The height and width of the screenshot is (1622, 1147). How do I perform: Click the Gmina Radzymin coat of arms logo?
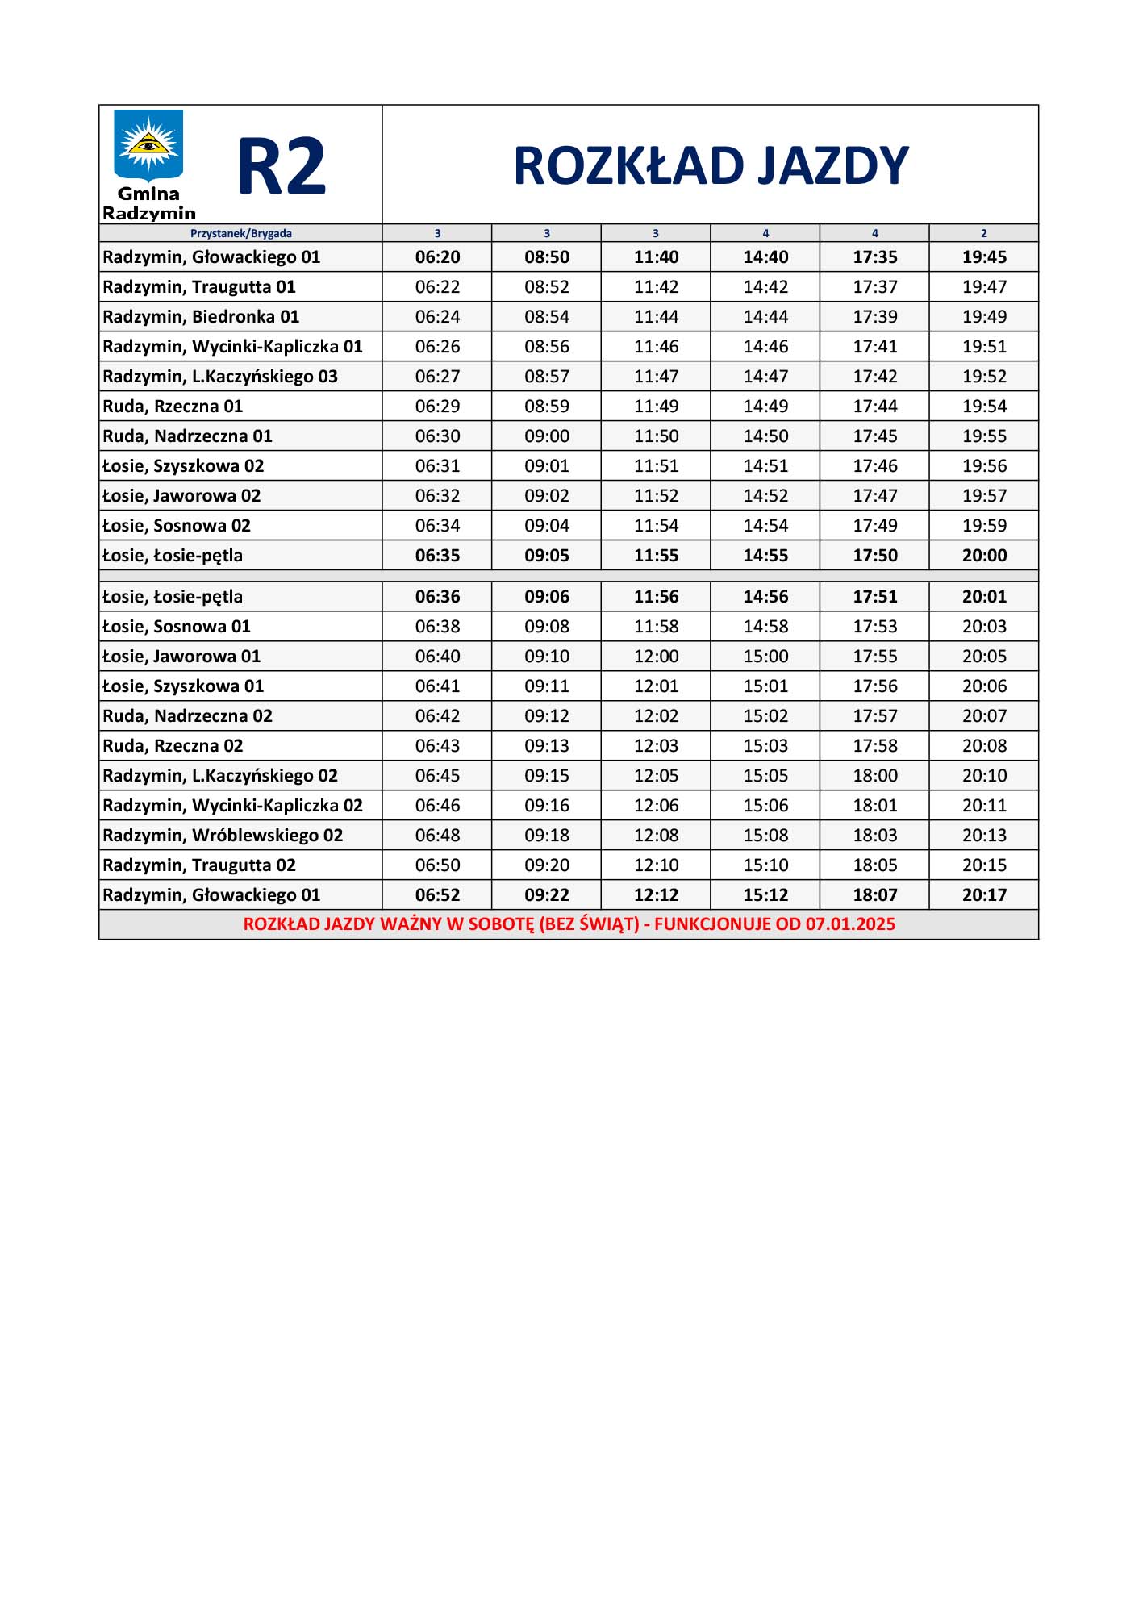(148, 146)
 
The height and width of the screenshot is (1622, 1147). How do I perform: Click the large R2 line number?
(282, 167)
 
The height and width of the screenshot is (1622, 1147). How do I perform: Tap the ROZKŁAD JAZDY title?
(711, 166)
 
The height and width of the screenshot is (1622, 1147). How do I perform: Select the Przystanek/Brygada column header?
(240, 233)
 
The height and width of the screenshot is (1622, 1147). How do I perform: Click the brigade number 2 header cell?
(983, 233)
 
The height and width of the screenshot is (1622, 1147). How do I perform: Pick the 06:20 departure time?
(437, 257)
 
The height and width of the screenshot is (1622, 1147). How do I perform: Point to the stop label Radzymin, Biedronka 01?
(201, 317)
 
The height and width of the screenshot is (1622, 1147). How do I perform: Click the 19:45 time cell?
(984, 257)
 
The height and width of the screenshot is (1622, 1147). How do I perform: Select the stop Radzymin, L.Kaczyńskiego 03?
(220, 377)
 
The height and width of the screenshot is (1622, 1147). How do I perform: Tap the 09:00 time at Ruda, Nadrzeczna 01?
(547, 436)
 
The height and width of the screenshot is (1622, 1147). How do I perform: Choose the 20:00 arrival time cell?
(984, 556)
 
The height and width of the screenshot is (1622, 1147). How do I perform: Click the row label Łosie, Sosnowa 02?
(177, 526)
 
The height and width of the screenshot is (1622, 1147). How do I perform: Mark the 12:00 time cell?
(656, 657)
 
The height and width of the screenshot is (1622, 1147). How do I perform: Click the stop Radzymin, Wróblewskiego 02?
(223, 836)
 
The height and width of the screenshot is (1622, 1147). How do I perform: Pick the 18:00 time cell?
(875, 776)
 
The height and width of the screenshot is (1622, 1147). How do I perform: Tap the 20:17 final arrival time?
(984, 895)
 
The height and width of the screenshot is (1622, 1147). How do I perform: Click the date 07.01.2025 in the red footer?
(850, 924)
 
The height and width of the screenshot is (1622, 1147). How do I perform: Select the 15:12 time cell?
(765, 895)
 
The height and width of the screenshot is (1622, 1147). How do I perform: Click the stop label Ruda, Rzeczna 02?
(173, 746)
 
